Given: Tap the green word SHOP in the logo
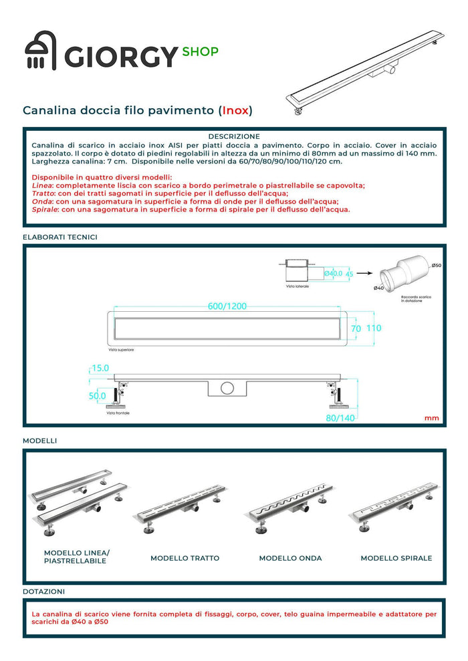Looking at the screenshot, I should click(200, 51).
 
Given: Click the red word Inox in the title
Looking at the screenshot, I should click(237, 109).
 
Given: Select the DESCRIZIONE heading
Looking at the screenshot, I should click(233, 136).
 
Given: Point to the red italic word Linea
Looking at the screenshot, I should click(42, 185).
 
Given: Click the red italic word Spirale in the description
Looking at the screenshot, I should click(45, 209).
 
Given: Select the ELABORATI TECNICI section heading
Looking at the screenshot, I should click(60, 236).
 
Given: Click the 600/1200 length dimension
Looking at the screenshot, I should click(227, 306).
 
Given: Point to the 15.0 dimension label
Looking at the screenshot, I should click(100, 368).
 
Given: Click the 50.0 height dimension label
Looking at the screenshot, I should click(98, 396).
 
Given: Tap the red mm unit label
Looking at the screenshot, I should click(431, 418).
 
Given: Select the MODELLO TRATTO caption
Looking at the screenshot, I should click(185, 558).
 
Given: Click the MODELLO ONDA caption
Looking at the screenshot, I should click(290, 558).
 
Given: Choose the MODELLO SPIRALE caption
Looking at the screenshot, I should click(396, 558).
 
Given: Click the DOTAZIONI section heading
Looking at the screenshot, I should click(44, 592).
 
